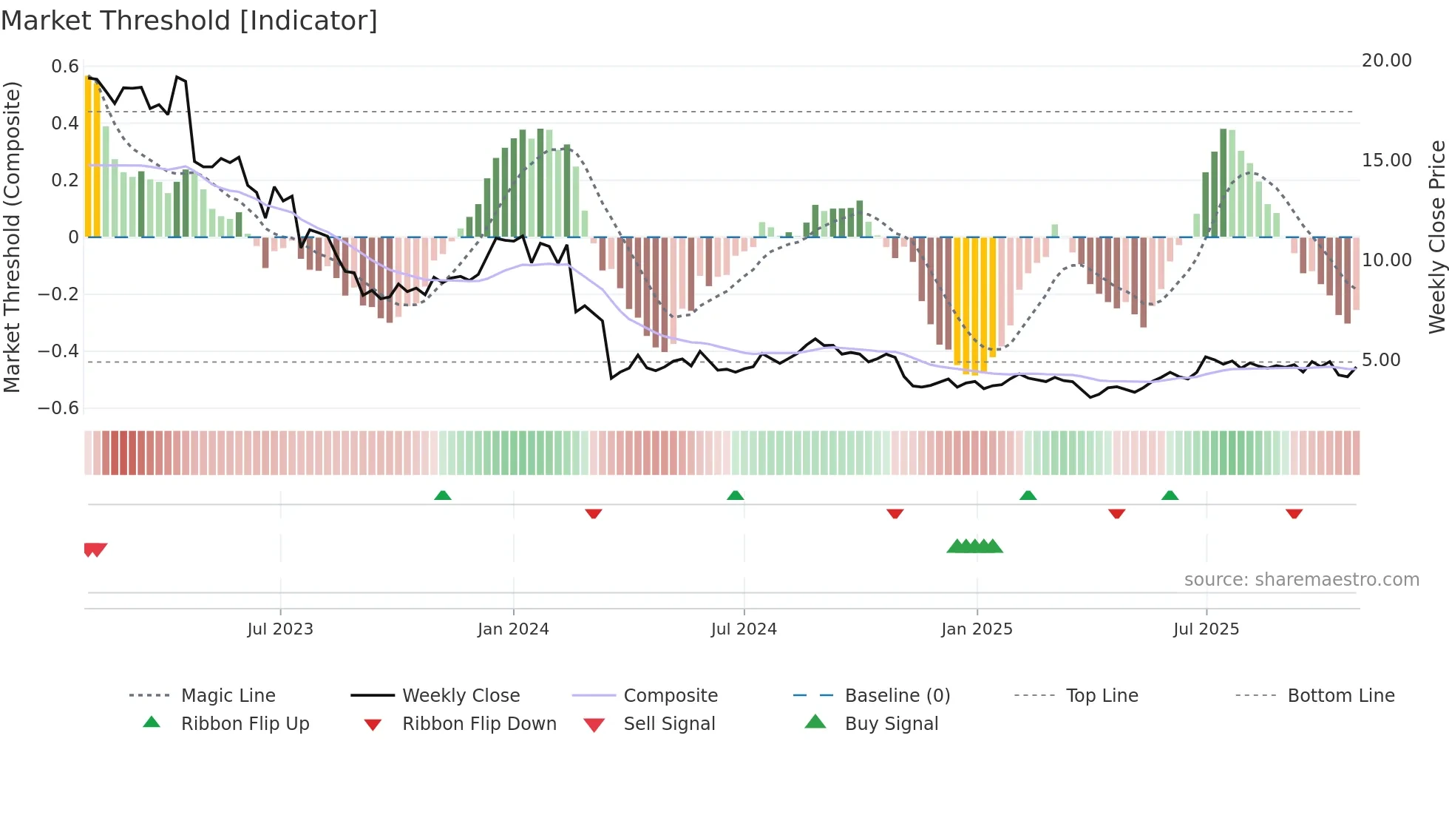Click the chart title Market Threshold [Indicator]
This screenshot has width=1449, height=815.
pos(189,21)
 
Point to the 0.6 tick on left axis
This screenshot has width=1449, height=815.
pos(65,67)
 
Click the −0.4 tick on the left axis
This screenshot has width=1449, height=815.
pos(58,351)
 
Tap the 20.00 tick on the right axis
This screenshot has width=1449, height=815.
pos(1386,61)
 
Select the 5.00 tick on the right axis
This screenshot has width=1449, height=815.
pos(1381,360)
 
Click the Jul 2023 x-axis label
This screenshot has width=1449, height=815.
pos(280,629)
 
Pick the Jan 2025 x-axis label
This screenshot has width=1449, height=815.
pos(977,629)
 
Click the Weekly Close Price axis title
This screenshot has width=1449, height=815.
pos(1436,237)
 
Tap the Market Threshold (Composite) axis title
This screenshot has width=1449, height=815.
pos(12,237)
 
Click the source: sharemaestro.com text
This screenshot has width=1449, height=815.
pos(1301,580)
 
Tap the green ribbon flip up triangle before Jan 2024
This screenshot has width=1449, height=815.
pos(443,496)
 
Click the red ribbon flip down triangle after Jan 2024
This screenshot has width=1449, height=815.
pos(594,513)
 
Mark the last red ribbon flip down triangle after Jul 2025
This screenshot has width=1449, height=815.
pos(1294,513)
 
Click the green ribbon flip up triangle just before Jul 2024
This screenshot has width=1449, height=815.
pos(735,496)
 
